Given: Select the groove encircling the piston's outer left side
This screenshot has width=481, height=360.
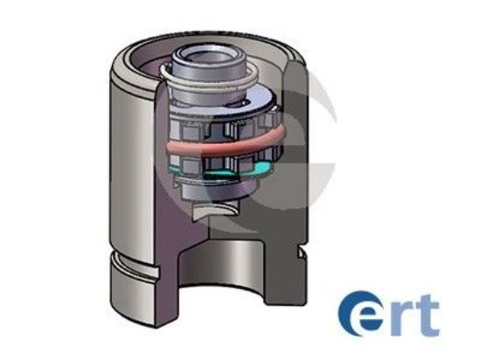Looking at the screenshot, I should click(x=131, y=253).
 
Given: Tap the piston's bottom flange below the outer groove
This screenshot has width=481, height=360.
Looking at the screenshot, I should click(x=131, y=284).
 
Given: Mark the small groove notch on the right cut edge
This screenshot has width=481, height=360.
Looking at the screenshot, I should click(x=299, y=252).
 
